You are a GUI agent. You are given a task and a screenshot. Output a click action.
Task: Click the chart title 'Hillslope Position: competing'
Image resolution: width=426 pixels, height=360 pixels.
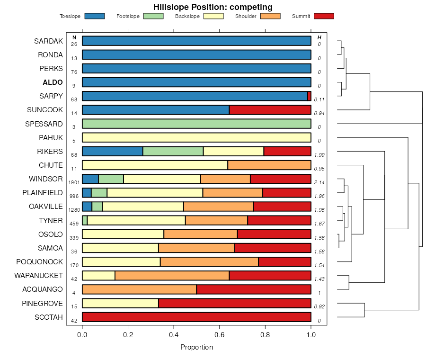(x=213, y=7)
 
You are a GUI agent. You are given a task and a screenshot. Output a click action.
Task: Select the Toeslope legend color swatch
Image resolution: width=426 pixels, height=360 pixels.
(x=94, y=16)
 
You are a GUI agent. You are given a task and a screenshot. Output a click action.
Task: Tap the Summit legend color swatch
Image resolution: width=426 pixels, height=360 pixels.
(x=324, y=16)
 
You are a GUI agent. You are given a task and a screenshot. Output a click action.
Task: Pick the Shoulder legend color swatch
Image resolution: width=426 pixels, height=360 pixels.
(x=270, y=16)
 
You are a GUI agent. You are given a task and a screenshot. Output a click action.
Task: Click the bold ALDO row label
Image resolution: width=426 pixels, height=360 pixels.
(x=53, y=82)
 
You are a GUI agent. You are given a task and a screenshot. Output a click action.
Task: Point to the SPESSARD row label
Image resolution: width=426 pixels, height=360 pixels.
(x=44, y=124)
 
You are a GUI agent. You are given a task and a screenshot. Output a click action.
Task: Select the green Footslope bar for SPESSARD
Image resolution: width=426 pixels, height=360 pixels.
(x=196, y=124)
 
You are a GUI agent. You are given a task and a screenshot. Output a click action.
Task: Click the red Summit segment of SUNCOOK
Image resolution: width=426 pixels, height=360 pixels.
(x=270, y=110)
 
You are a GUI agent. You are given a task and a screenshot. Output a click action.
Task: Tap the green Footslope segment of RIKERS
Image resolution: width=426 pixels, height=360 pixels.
(x=173, y=152)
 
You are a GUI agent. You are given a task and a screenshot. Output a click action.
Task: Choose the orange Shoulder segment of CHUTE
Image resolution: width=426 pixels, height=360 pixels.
(x=269, y=165)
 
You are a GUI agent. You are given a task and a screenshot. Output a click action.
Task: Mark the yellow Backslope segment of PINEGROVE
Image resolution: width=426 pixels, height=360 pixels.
(x=120, y=304)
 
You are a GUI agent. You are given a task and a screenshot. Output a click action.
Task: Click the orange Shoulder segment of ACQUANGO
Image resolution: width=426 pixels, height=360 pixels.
(x=139, y=289)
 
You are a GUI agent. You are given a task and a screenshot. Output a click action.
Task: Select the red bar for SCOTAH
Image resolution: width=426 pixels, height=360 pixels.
(x=196, y=317)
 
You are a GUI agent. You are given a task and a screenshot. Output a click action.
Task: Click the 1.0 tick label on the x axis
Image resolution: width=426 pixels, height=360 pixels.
(x=311, y=335)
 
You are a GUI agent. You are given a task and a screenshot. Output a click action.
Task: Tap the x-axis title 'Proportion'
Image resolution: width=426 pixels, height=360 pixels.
(x=196, y=347)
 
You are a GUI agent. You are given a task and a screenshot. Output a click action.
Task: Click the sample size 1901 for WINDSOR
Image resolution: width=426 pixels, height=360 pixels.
(x=74, y=182)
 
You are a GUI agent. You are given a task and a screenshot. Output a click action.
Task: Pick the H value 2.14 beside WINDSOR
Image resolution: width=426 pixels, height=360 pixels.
(x=319, y=182)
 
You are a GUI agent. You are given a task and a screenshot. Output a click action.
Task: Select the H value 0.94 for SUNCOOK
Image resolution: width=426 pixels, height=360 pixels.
(x=319, y=113)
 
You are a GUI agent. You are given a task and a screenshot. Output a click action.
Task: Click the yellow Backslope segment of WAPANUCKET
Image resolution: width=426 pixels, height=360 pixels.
(x=98, y=276)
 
